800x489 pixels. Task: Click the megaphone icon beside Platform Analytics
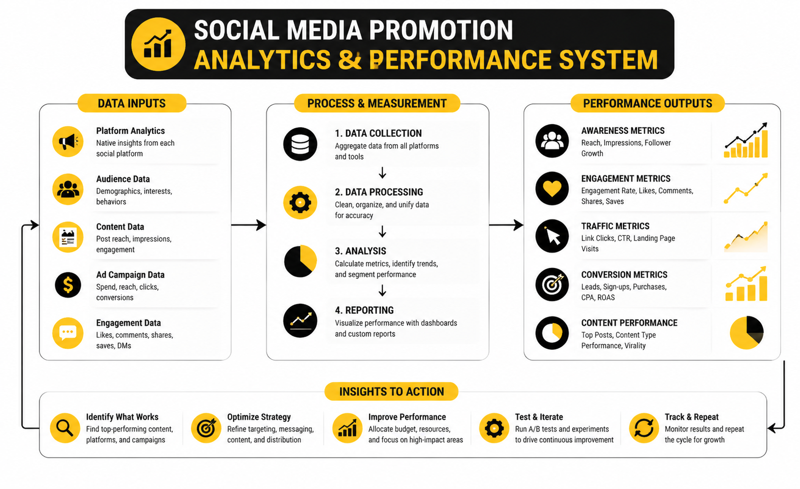pyautogui.click(x=68, y=141)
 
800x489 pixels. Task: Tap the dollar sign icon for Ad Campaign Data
pyautogui.click(x=68, y=285)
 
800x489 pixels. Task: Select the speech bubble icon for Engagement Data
pyautogui.click(x=68, y=333)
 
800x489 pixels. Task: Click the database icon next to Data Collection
pyautogui.click(x=300, y=144)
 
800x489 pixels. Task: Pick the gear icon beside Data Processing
pyautogui.click(x=300, y=203)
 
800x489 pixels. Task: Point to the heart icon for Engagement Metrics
pyautogui.click(x=552, y=188)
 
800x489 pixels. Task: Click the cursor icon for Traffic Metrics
pyautogui.click(x=552, y=236)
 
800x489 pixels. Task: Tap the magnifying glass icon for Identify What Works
pyautogui.click(x=65, y=428)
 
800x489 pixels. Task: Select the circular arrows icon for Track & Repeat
pyautogui.click(x=644, y=428)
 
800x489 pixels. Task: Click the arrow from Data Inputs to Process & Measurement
pyautogui.click(x=248, y=225)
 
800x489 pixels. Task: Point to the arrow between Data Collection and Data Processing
pyautogui.click(x=383, y=173)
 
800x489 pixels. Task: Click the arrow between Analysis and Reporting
pyautogui.click(x=383, y=290)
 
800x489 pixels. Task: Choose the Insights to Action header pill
pyautogui.click(x=392, y=392)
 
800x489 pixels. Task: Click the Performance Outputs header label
pyautogui.click(x=647, y=103)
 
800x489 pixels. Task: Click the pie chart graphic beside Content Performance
pyautogui.click(x=747, y=332)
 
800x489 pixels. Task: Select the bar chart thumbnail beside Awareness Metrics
pyautogui.click(x=746, y=140)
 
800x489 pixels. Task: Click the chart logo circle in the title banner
pyautogui.click(x=158, y=44)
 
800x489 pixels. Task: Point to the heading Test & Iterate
pyautogui.click(x=539, y=417)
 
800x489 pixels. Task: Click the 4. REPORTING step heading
pyautogui.click(x=364, y=310)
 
